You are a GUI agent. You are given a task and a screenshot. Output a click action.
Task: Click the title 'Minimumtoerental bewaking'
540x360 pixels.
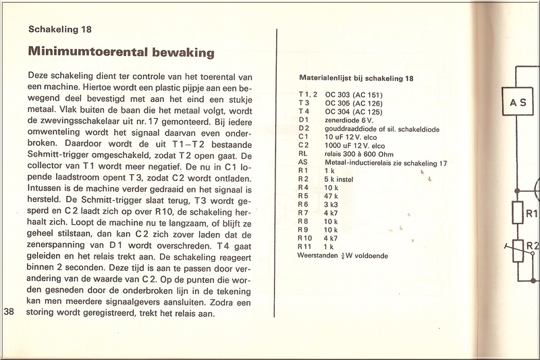point(121,51)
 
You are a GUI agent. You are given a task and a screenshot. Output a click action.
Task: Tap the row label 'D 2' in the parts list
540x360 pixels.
point(304,128)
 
